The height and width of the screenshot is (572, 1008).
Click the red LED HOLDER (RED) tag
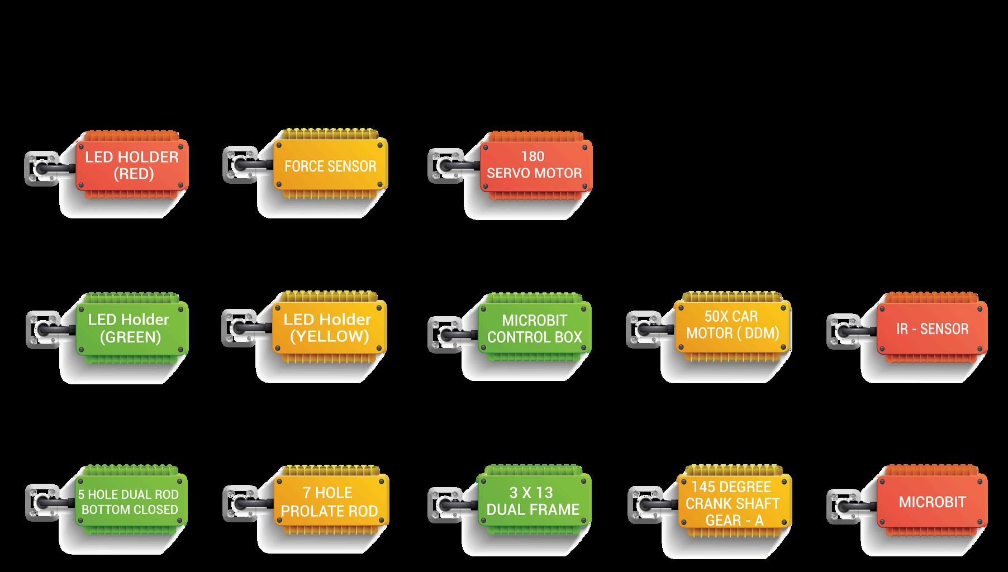tap(132, 165)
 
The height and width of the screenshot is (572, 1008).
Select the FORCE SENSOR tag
tap(330, 166)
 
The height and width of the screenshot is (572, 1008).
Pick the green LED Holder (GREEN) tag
tap(132, 328)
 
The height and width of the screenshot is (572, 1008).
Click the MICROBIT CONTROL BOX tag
tap(535, 329)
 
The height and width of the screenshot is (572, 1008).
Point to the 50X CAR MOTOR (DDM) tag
tap(733, 325)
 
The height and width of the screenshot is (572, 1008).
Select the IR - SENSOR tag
tap(932, 329)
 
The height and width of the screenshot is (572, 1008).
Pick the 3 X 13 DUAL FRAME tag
tap(534, 502)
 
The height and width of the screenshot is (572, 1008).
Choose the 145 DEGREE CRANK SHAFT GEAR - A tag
tap(733, 503)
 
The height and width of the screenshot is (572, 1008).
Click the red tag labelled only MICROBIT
tap(932, 502)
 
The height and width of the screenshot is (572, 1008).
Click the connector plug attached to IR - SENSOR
tap(845, 331)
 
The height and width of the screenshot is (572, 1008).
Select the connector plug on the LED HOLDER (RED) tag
tap(43, 168)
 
